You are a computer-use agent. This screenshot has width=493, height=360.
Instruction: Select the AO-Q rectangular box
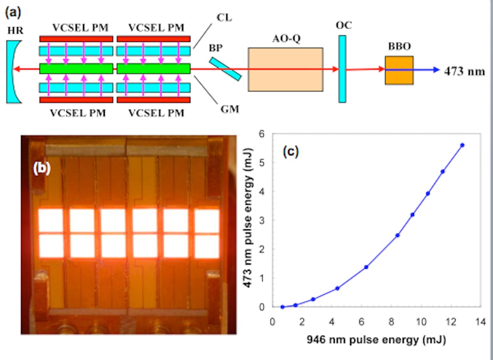coord(285,69)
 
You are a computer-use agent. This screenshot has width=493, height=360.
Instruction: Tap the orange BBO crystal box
coord(399,70)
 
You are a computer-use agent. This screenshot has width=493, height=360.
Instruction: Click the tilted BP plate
coord(225,69)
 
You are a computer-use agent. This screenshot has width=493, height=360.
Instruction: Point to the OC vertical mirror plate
coord(342,69)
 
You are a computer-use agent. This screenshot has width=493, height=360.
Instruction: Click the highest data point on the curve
coord(462,145)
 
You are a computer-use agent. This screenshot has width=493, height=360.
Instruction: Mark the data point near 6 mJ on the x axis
coord(366,267)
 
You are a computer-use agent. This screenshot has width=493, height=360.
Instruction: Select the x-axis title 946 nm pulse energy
coord(376,340)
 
